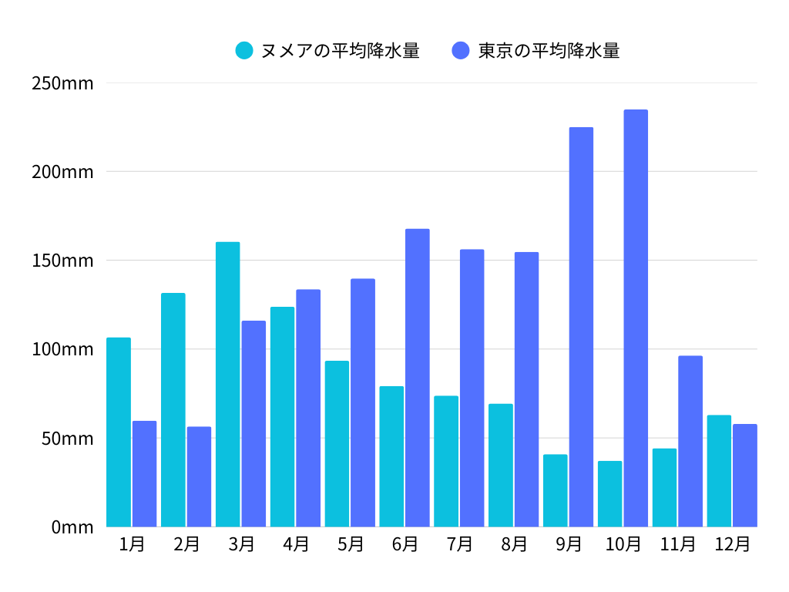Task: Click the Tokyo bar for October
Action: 636,318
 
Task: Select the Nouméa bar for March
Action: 227,384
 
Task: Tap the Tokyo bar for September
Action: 581,327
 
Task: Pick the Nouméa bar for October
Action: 609,494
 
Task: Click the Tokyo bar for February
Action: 199,476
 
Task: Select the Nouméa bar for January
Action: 119,432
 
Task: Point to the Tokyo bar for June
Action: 418,378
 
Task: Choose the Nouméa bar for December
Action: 719,471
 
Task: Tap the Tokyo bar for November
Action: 690,441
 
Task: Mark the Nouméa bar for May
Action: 337,443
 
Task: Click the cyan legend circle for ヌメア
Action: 244,51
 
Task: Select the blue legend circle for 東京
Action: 461,51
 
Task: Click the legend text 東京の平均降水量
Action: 549,51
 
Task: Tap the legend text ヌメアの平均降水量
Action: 340,51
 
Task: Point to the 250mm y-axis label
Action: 62,83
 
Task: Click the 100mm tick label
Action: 62,349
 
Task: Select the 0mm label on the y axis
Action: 72,527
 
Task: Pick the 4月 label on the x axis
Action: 296,544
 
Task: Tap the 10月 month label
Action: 623,544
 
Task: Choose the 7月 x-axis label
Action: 459,544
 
